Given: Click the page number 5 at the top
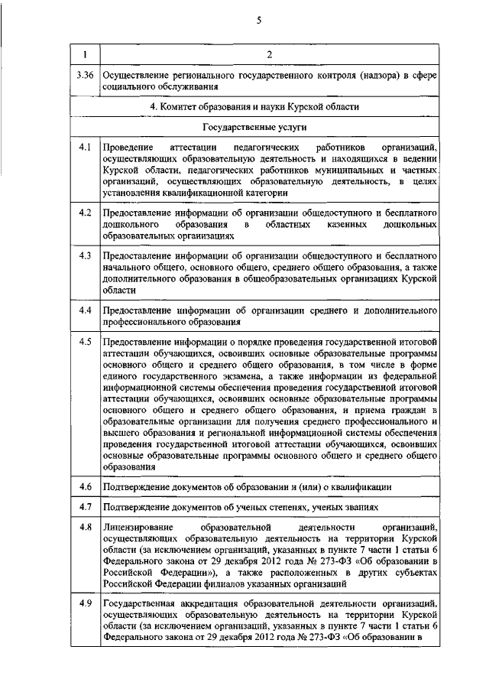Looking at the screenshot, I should (x=258, y=21).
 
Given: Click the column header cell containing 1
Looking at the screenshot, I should (x=85, y=54).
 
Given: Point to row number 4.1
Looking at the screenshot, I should (x=85, y=146).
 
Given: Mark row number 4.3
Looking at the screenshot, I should (x=85, y=255).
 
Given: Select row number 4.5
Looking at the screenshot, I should (x=85, y=341).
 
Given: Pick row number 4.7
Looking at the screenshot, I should (x=85, y=507).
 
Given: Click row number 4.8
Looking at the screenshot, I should (x=85, y=528).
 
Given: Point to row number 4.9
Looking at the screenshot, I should (x=85, y=604).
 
